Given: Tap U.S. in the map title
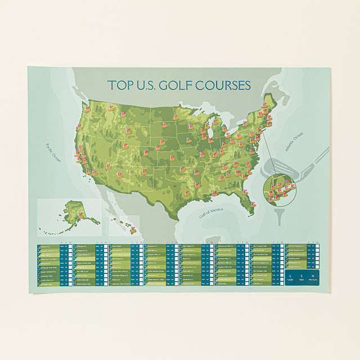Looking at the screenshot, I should click(x=143, y=86).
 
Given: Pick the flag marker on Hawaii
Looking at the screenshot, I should click(x=134, y=229).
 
